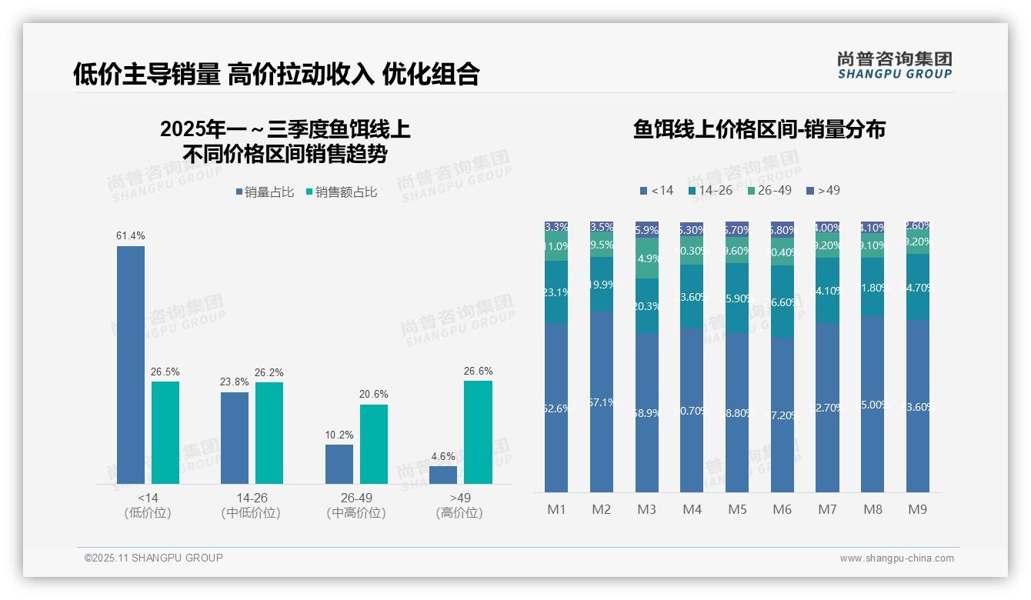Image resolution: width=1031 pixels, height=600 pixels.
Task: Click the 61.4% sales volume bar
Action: [131, 365]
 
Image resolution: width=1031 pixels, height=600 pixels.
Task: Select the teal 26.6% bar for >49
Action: [478, 432]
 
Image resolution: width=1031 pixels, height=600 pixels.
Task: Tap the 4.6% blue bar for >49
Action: [443, 475]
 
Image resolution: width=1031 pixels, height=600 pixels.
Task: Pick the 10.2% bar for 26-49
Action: [339, 464]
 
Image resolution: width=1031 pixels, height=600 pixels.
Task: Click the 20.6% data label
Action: [373, 395]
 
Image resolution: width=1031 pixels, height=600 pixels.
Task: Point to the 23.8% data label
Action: [235, 382]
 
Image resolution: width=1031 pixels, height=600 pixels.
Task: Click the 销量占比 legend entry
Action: [265, 192]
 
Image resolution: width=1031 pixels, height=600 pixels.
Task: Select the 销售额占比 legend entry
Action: [342, 192]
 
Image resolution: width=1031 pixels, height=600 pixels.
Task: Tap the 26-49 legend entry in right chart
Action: [769, 190]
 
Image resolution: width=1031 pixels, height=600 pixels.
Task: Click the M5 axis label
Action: [738, 509]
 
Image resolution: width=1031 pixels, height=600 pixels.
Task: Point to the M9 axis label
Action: [918, 509]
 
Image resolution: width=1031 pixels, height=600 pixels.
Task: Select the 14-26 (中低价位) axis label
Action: [252, 505]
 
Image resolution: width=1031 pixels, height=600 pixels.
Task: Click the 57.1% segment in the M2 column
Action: [602, 401]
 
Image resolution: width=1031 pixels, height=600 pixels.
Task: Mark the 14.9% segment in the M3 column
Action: [647, 258]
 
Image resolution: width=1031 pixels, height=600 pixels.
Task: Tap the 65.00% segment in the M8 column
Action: [873, 404]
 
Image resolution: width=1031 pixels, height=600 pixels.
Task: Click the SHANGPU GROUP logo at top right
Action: [894, 65]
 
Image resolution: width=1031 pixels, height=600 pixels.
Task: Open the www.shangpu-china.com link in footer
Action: [896, 558]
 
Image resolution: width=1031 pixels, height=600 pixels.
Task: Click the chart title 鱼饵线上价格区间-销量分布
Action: [759, 129]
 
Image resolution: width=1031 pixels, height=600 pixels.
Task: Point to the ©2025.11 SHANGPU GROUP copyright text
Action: [154, 558]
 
